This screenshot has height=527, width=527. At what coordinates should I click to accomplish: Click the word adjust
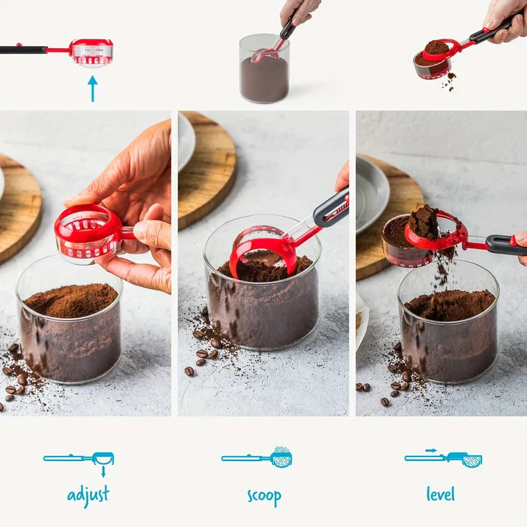(88, 495)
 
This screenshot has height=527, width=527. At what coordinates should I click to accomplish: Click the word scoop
(264, 497)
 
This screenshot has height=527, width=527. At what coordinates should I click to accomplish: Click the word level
(441, 493)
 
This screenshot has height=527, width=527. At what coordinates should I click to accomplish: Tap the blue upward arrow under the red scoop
(92, 88)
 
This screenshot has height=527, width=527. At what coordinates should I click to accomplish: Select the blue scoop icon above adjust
(79, 458)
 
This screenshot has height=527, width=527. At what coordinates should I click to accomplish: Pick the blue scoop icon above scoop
(257, 457)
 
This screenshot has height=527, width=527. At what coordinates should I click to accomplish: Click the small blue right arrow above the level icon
(431, 451)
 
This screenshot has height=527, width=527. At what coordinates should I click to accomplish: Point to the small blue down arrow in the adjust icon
(103, 471)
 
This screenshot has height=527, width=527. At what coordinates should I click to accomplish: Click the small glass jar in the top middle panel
(265, 69)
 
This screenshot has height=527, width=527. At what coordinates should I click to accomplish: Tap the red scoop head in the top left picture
(92, 53)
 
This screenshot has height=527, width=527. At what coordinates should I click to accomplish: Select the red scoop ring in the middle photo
(263, 247)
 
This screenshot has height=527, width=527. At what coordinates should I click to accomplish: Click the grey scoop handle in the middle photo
(331, 209)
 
